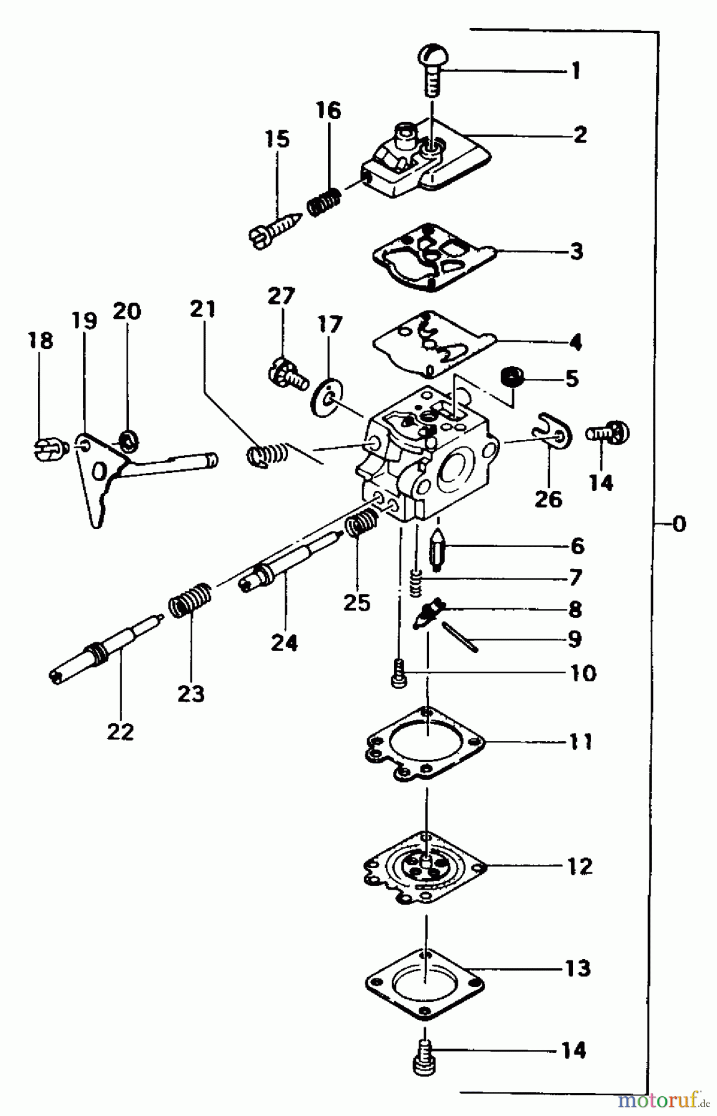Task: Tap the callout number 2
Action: (579, 135)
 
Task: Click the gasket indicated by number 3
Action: (434, 260)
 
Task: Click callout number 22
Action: (120, 732)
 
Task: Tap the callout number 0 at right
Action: (679, 525)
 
